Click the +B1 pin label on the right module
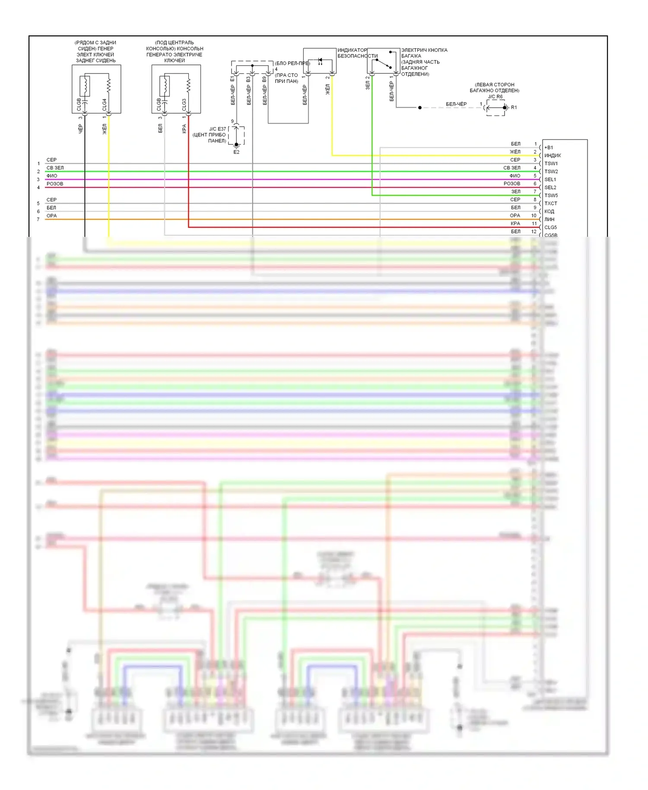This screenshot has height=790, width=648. click(x=549, y=147)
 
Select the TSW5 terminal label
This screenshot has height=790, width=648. click(x=551, y=195)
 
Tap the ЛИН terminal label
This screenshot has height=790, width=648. click(x=549, y=219)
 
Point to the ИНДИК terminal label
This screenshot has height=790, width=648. click(x=553, y=156)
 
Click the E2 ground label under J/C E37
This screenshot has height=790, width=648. click(x=236, y=152)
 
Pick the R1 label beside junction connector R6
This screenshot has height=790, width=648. click(x=514, y=108)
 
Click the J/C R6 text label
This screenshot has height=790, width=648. click(x=496, y=97)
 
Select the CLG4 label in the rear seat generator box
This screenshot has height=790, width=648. click(x=104, y=104)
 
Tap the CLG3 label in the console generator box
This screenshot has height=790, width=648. click(x=184, y=104)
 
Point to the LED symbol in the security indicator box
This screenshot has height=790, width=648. click(x=320, y=61)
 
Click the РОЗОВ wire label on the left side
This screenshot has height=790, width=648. click(x=55, y=184)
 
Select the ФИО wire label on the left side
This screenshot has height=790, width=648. click(x=52, y=176)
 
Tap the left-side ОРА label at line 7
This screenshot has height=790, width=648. click(x=52, y=216)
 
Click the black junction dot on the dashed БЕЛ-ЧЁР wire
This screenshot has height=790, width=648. click(x=419, y=108)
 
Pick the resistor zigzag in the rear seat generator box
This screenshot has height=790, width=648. click(x=108, y=85)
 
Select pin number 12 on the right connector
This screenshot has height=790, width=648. click(x=534, y=232)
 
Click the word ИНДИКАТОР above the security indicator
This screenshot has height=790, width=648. click(x=352, y=50)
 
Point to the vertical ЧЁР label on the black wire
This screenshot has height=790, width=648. click(x=80, y=128)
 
